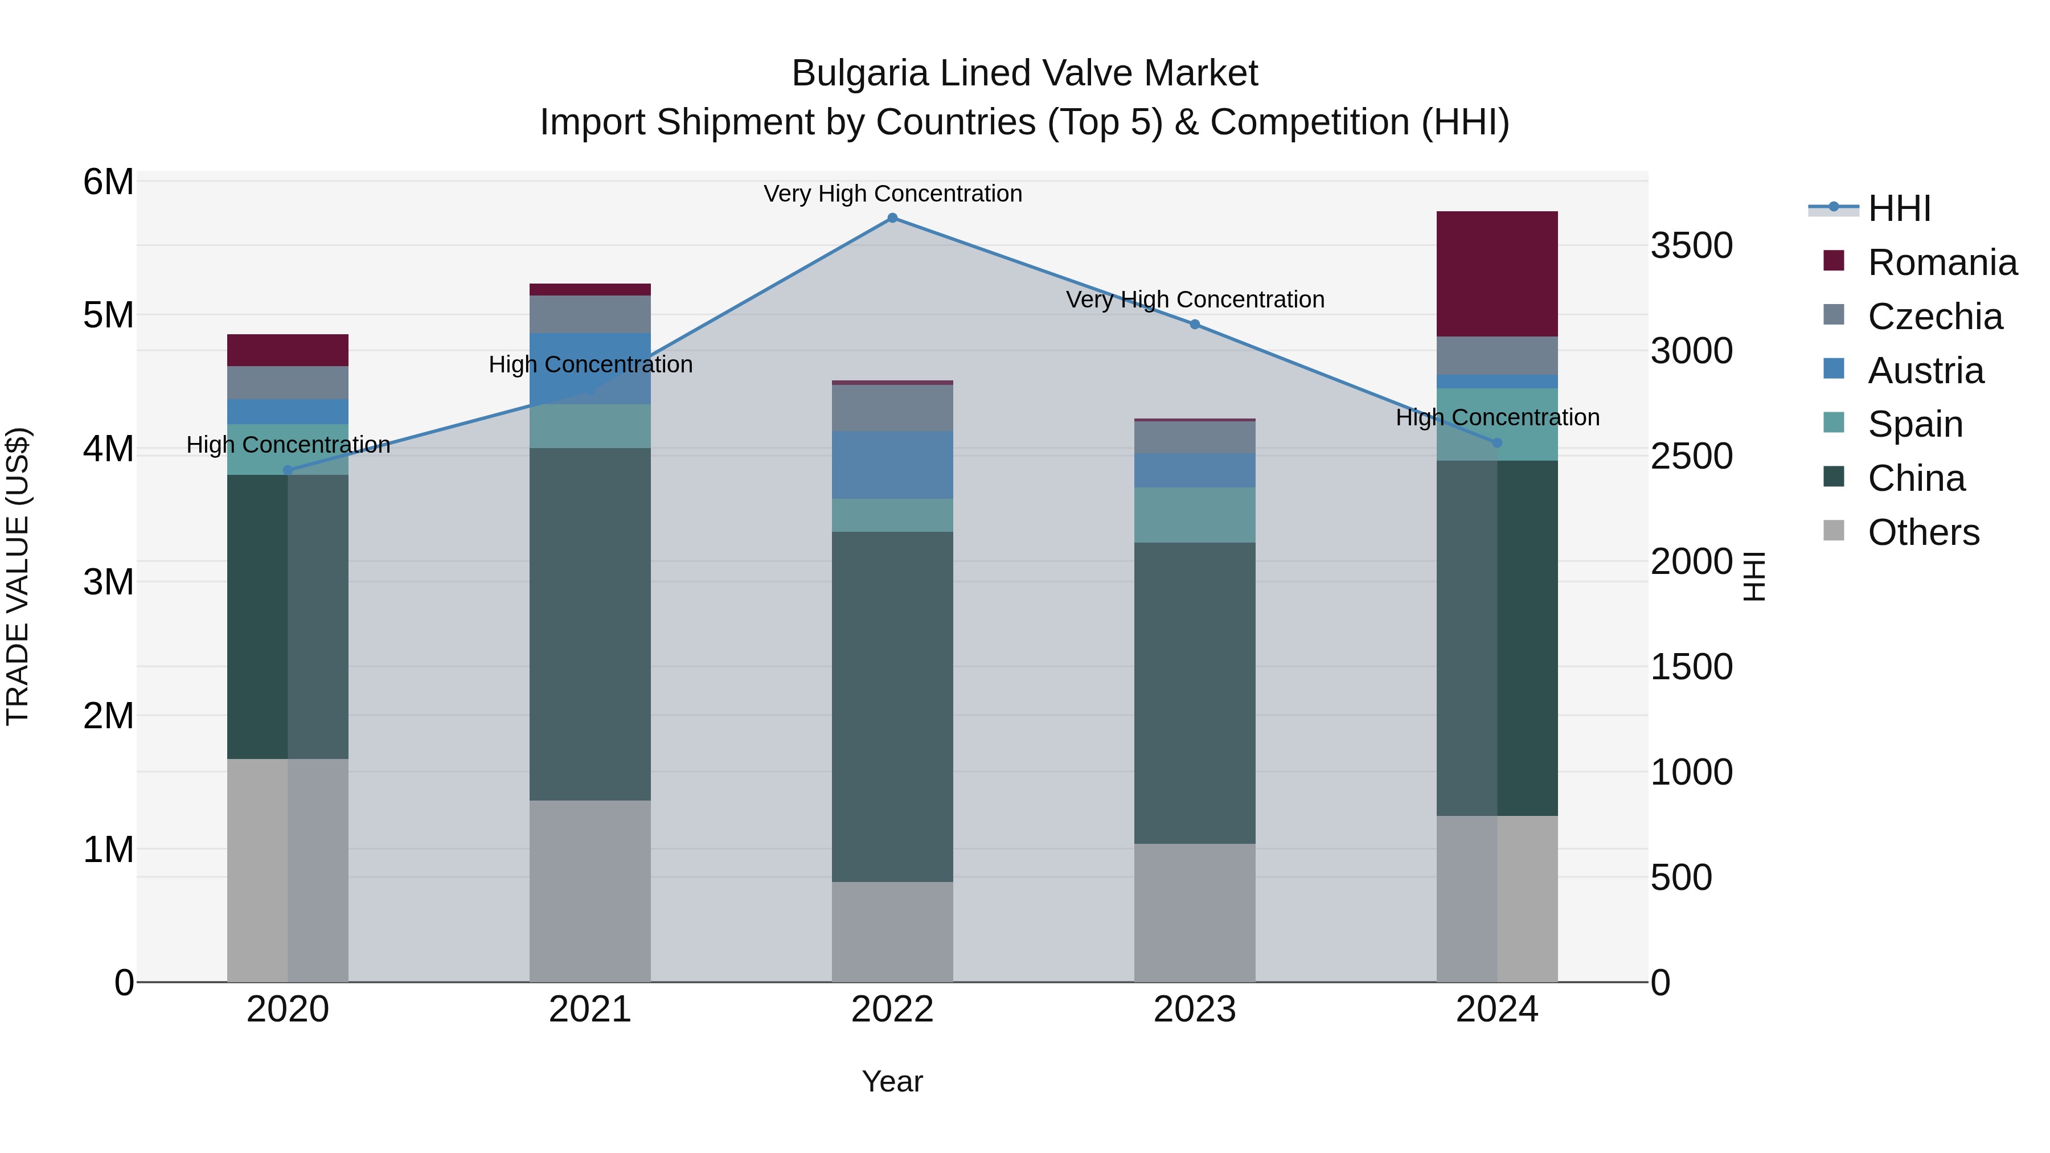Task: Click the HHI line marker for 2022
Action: click(892, 218)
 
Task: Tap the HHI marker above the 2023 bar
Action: click(1195, 324)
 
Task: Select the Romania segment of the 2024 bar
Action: click(1497, 274)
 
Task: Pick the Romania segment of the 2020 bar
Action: click(288, 350)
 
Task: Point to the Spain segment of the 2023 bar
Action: click(1195, 515)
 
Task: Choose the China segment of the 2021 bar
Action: click(590, 624)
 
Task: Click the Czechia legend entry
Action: click(1934, 317)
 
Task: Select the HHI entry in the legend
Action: click(1899, 208)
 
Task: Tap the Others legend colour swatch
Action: click(1834, 531)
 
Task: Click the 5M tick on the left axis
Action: click(108, 315)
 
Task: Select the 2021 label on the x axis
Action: click(590, 1010)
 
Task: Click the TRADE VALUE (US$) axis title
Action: click(18, 576)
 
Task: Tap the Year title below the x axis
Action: click(892, 1081)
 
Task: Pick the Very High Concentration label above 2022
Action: click(892, 194)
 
